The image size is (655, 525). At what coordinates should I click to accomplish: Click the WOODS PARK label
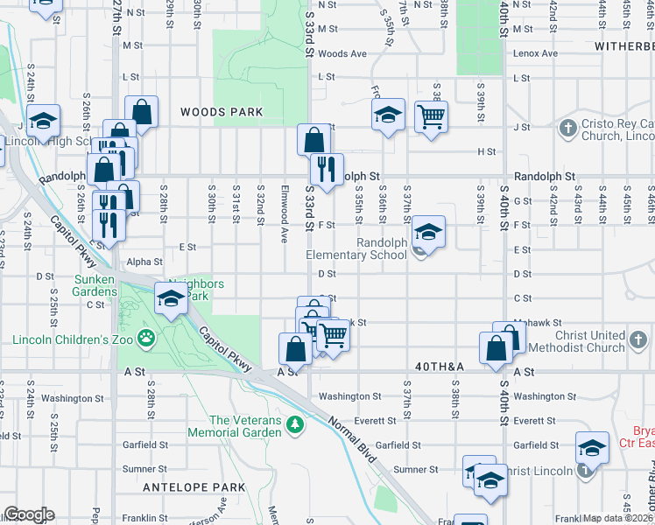(x=222, y=112)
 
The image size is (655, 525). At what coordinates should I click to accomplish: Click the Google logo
(x=28, y=514)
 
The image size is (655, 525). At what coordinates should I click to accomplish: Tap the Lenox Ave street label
(x=537, y=53)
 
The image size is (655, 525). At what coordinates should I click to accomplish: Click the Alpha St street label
(x=144, y=262)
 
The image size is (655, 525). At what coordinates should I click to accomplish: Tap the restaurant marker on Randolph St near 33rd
(x=327, y=168)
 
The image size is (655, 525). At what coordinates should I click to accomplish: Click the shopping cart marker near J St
(x=430, y=115)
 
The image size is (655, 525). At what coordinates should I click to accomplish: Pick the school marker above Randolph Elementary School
(x=427, y=232)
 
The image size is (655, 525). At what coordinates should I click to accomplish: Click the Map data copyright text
(x=618, y=518)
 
